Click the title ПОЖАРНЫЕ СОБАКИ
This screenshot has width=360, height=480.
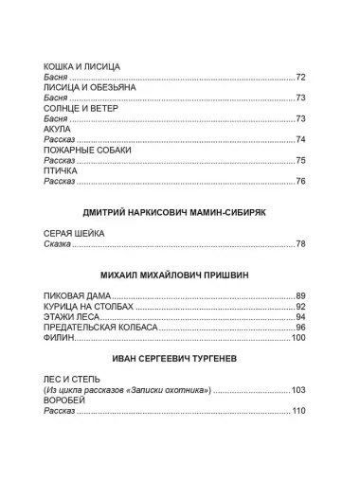coord(87,150)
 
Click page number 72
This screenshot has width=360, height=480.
coord(301,76)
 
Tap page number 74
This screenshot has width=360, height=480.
coord(301,139)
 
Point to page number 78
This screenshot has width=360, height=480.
coord(301,244)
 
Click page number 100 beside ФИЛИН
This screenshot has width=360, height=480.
coord(299,338)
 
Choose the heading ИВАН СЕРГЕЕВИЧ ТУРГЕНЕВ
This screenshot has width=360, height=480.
coord(180,360)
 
